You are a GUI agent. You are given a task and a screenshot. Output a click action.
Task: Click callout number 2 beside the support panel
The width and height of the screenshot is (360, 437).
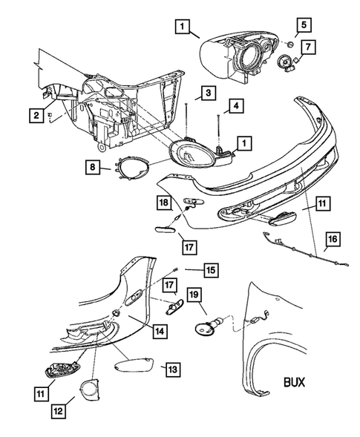(x=36, y=114)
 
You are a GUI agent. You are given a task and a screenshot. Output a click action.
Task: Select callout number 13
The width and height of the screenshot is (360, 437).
(x=171, y=368)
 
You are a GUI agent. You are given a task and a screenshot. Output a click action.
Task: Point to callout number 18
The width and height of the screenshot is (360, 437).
(x=163, y=202)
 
